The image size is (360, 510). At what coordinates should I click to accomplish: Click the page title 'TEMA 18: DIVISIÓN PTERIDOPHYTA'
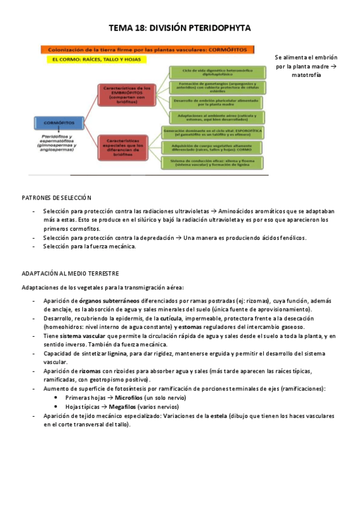pyautogui.click(x=180, y=28)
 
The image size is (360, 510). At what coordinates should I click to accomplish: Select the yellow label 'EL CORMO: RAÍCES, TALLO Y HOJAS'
pyautogui.click(x=92, y=60)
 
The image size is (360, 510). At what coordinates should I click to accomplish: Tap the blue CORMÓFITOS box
pyautogui.click(x=58, y=123)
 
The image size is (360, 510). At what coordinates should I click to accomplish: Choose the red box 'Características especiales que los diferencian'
pyautogui.click(x=125, y=148)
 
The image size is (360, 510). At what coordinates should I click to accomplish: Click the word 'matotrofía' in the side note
pyautogui.click(x=307, y=75)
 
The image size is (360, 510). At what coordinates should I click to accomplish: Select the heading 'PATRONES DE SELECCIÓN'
pyautogui.click(x=56, y=197)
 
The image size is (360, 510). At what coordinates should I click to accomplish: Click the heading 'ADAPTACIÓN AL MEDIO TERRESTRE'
pyautogui.click(x=70, y=273)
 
